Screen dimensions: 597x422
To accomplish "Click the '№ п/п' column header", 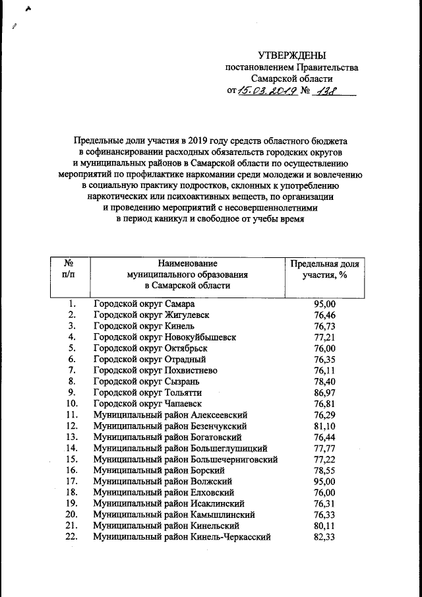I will click(68, 268).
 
